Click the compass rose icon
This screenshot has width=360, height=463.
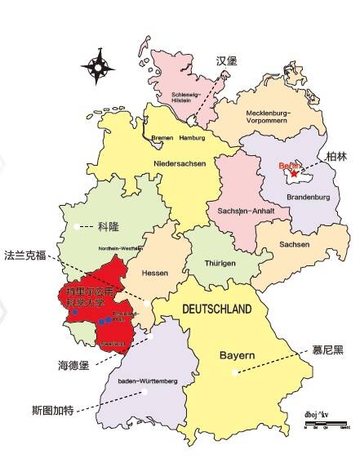tap(98, 66)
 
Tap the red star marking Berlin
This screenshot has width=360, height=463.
tap(294, 173)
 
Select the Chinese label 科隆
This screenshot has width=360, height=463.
tap(108, 226)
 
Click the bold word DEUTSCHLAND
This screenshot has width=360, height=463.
tap(216, 309)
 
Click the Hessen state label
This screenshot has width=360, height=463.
tap(154, 273)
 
